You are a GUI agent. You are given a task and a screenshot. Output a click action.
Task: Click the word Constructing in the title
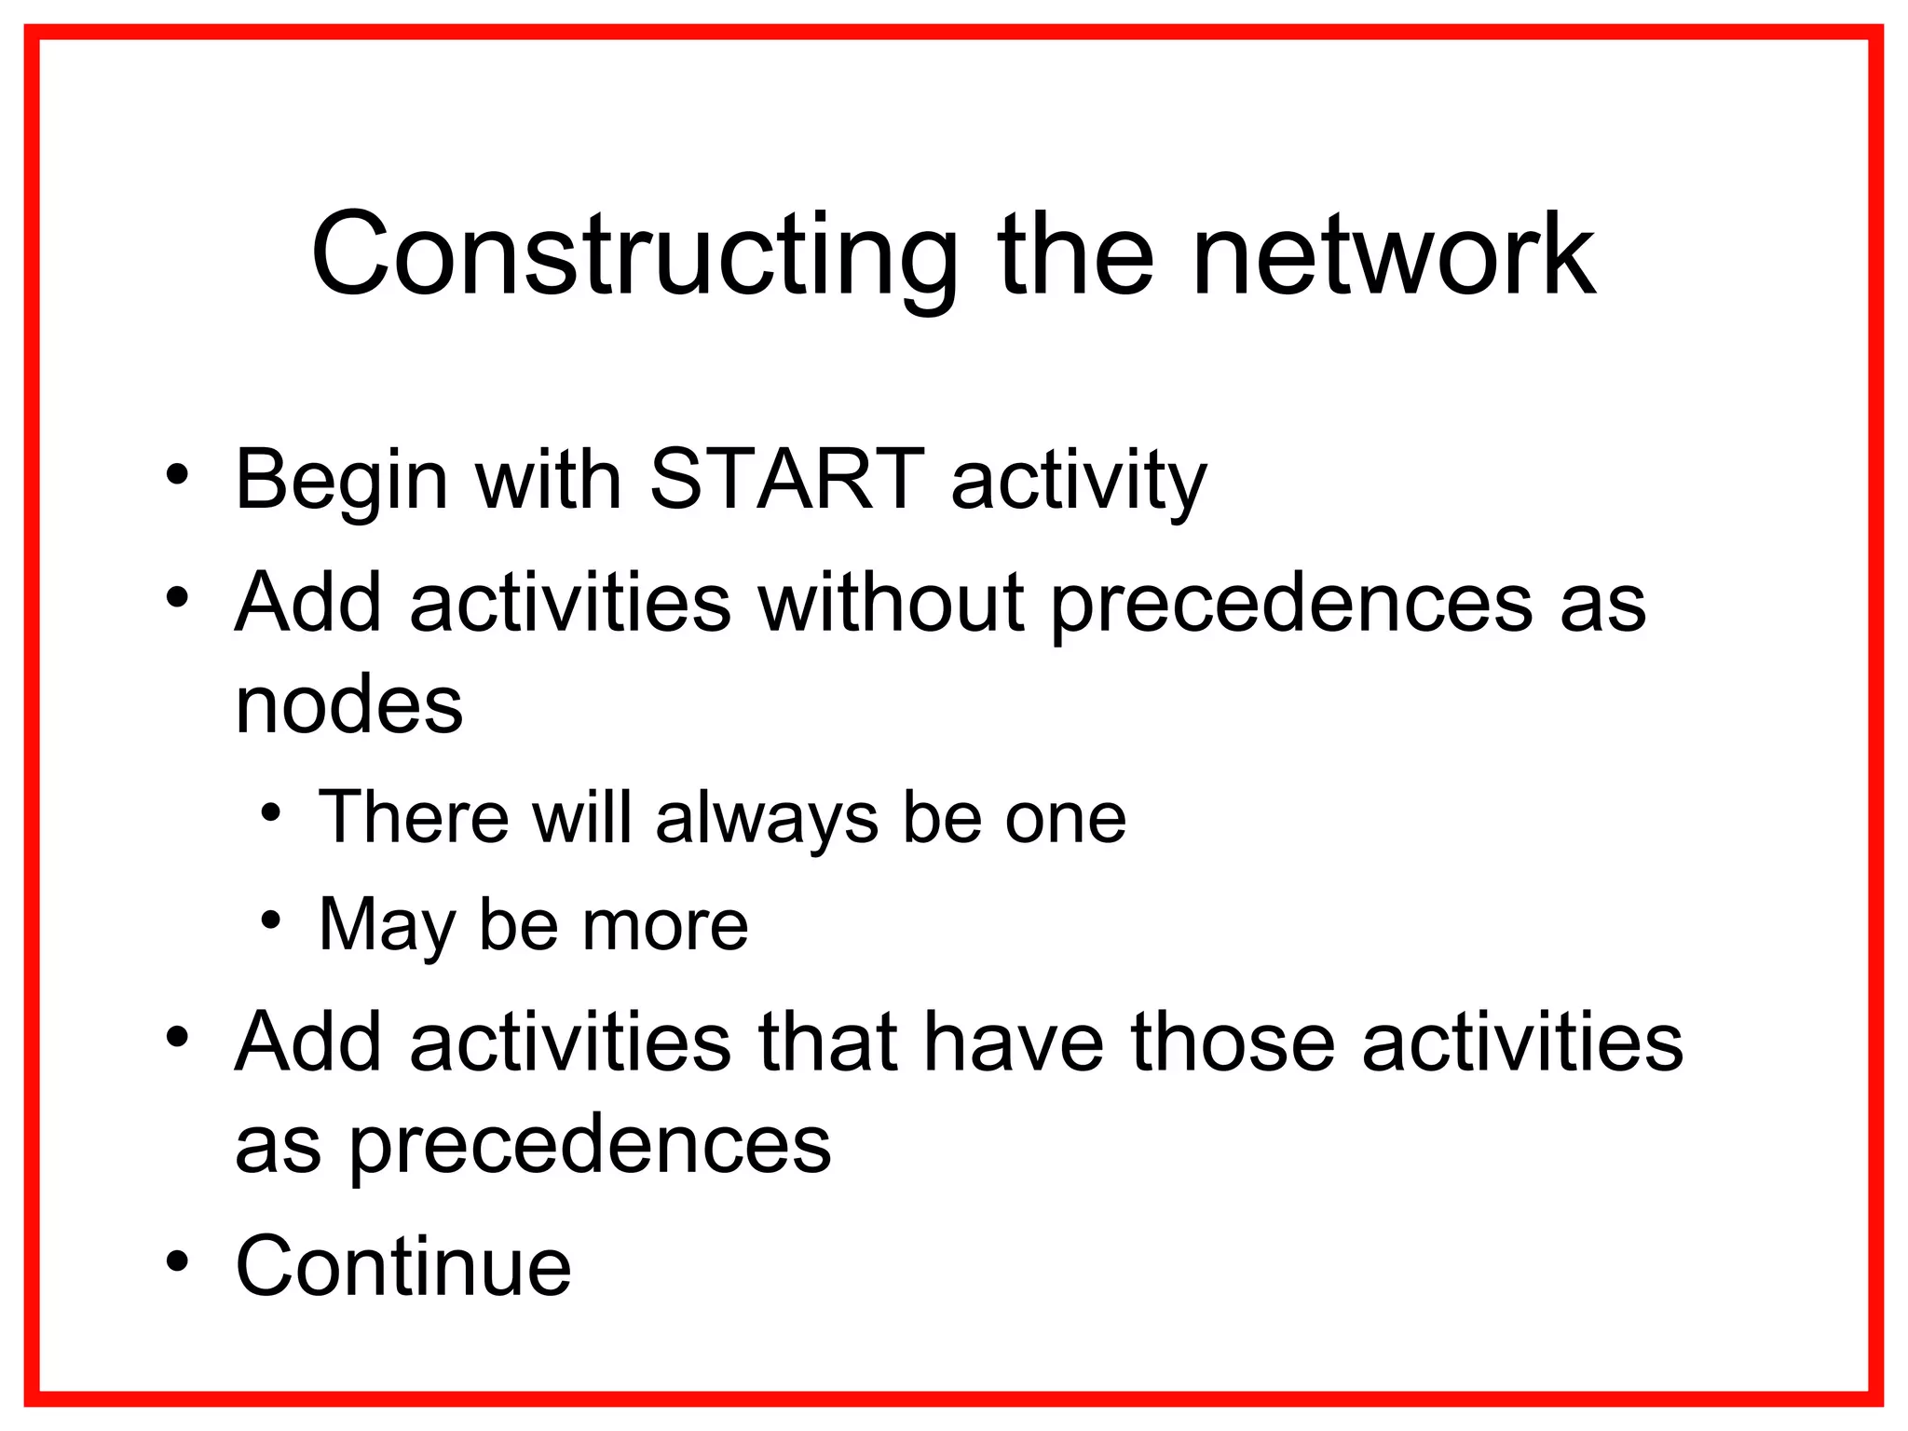pos(634,256)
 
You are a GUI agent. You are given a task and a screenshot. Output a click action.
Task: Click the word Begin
pos(341,483)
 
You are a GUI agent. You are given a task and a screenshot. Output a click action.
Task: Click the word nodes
pos(348,705)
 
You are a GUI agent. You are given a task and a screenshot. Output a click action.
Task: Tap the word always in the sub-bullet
pos(767,819)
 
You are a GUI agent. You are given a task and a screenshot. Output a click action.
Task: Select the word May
pos(387,926)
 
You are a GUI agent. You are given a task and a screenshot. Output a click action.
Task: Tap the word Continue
pos(402,1266)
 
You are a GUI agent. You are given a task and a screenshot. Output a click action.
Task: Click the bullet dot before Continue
pos(177,1261)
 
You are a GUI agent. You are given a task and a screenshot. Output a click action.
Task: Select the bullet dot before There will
pos(270,813)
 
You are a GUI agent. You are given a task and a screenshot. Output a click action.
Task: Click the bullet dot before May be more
pos(270,921)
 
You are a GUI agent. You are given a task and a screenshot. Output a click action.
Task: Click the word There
pos(414,817)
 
